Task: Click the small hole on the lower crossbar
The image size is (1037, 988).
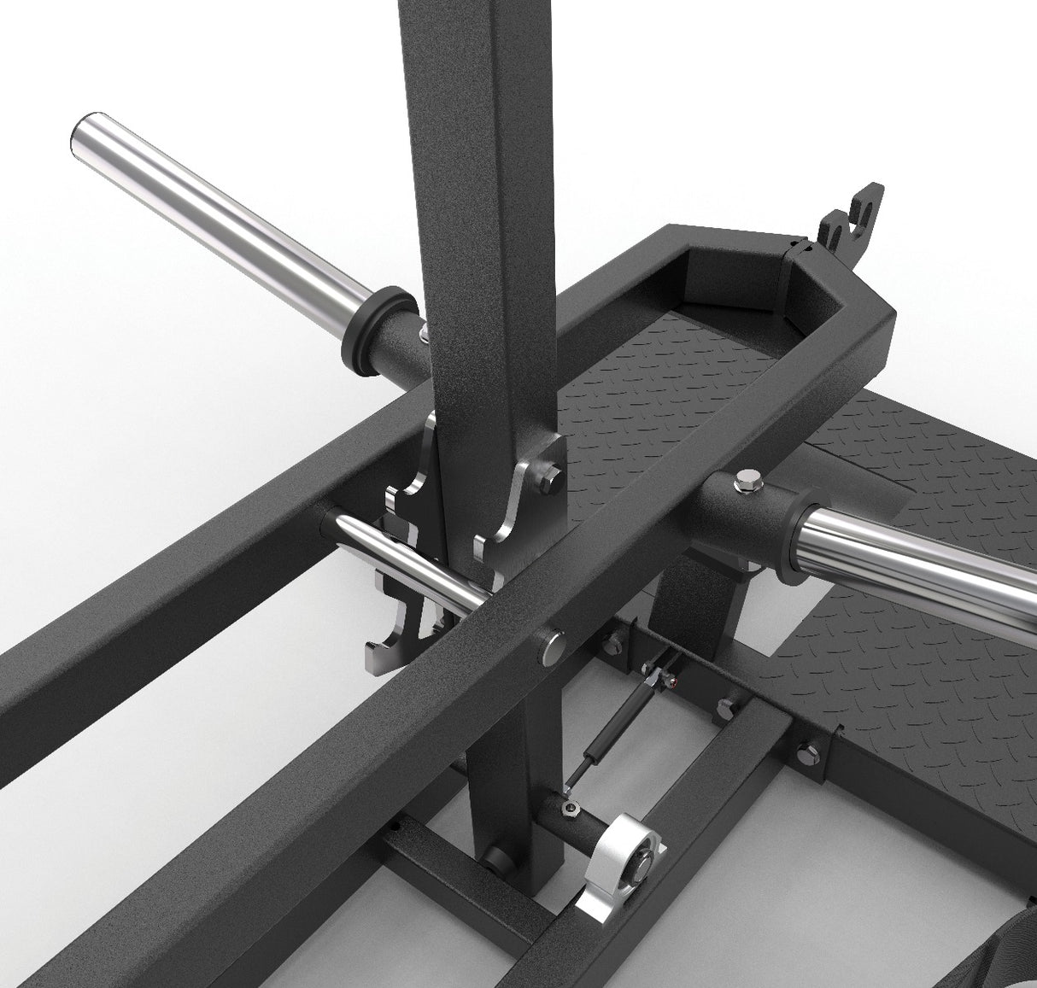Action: [x=395, y=825]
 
